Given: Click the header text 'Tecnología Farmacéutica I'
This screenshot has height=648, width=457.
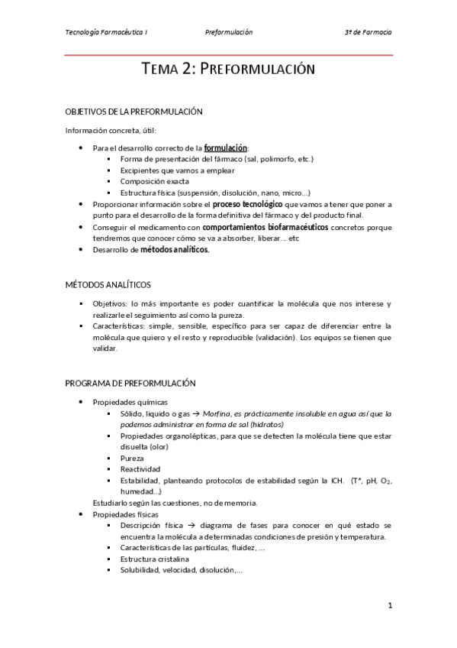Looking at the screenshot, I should click(107, 33).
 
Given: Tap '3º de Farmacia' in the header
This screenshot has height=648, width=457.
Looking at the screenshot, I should click(368, 33).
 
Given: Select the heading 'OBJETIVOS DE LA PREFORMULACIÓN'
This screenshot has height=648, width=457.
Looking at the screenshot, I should click(134, 112).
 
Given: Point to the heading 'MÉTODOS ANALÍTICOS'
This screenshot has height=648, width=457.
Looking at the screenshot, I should click(108, 284).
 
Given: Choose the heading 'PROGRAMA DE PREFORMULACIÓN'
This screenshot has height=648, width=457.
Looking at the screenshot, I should click(130, 383).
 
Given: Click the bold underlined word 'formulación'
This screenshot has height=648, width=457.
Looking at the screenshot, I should click(226, 147).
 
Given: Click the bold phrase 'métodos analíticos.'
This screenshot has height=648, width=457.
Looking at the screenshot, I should click(175, 250).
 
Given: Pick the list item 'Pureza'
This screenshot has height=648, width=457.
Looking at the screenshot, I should click(132, 458).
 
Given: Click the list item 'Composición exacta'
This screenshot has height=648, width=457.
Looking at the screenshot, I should click(155, 182).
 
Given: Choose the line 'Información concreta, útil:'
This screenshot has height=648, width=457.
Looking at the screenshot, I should click(111, 130).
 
